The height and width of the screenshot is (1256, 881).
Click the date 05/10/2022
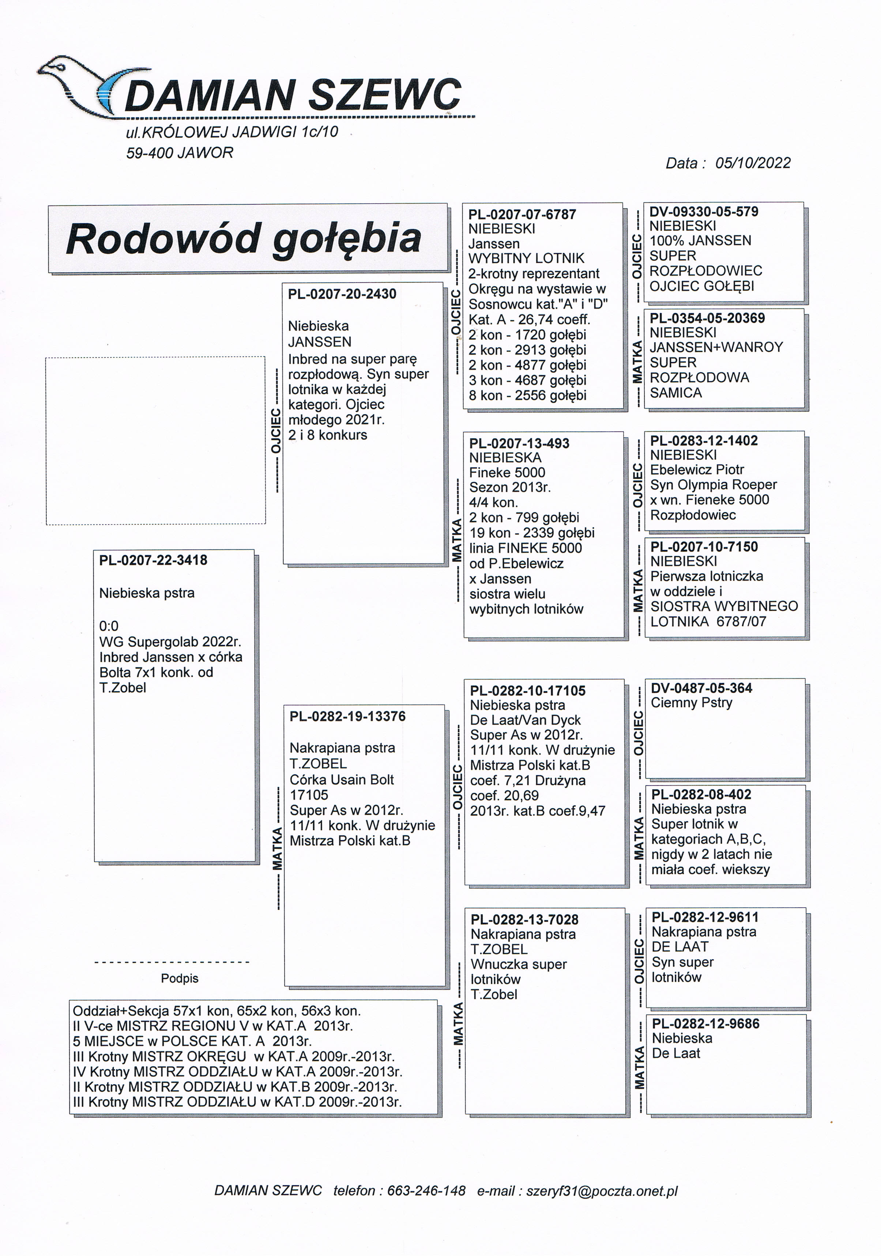(752, 163)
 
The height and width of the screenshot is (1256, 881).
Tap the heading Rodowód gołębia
(244, 239)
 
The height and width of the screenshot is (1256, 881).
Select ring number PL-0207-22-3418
(153, 560)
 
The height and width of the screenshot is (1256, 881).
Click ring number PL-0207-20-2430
(342, 294)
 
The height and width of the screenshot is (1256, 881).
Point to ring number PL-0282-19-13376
(347, 716)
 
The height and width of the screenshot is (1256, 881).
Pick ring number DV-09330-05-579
(704, 212)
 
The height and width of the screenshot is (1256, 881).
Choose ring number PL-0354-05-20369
(707, 318)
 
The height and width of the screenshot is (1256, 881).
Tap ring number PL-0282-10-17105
(527, 691)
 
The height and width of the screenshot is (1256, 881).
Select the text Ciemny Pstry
(691, 703)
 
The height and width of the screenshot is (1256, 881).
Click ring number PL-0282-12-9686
(705, 1024)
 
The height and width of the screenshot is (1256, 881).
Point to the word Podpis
(180, 978)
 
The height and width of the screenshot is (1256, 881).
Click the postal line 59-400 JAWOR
(180, 153)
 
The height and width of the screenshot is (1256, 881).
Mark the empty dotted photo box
(155, 441)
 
